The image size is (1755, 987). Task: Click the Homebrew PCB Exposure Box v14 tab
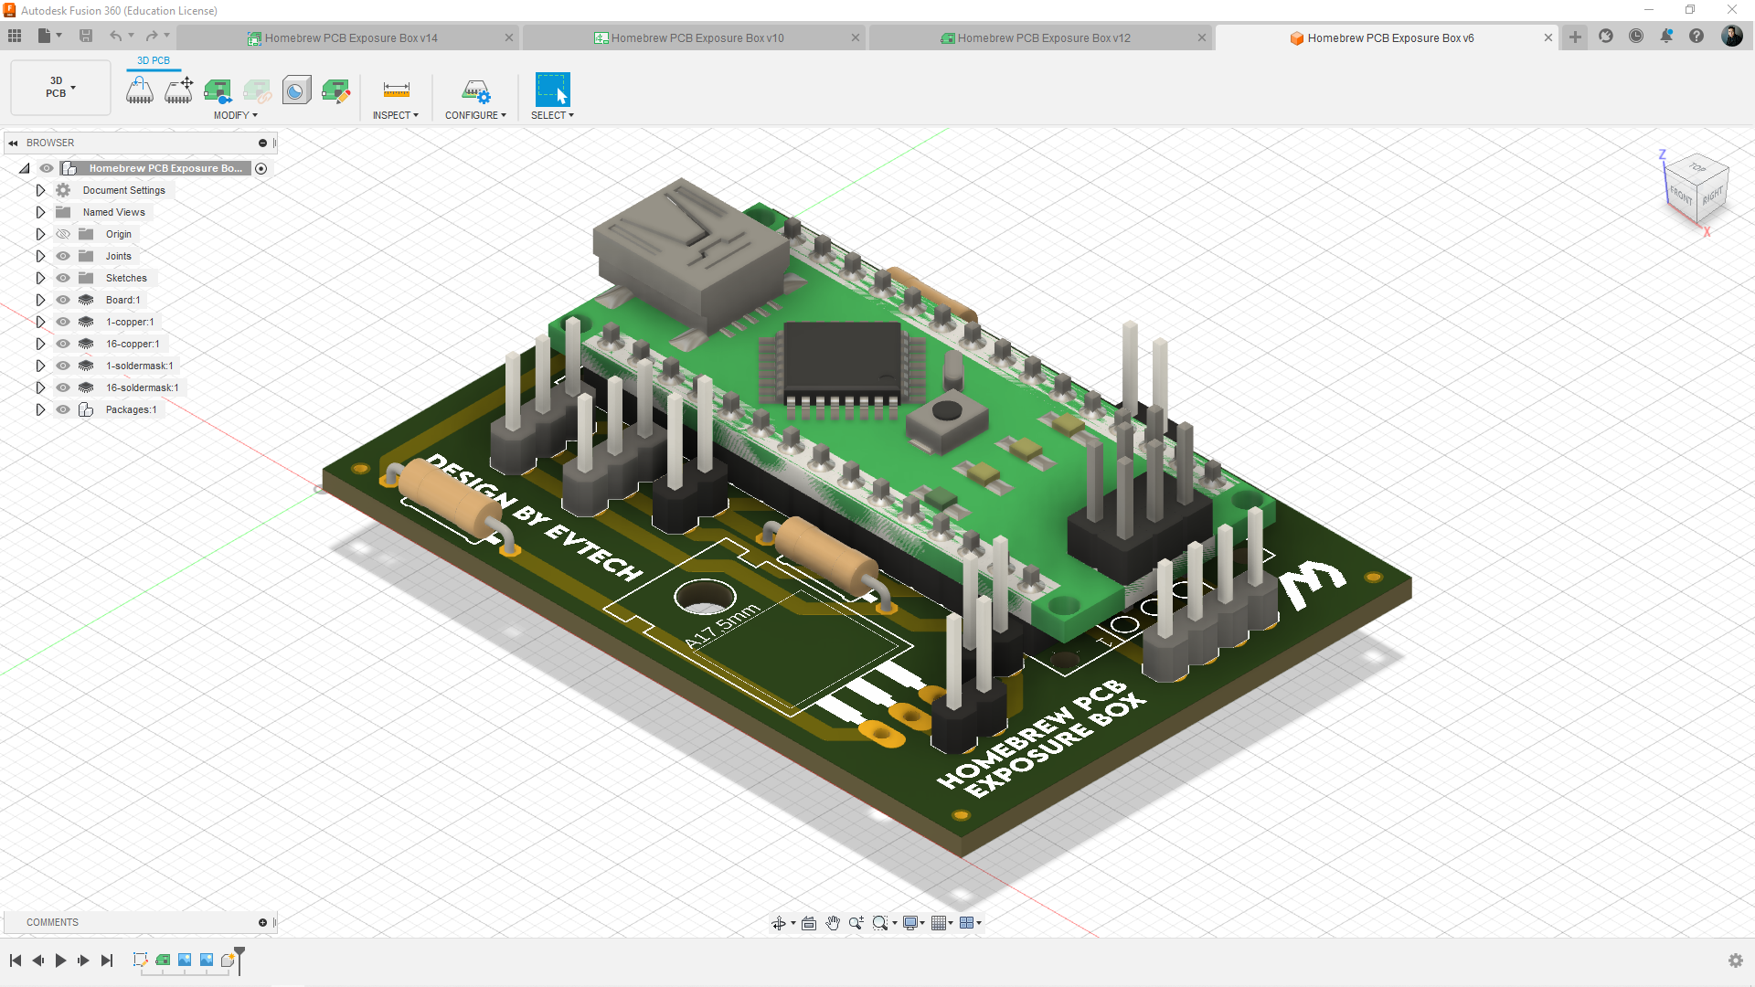(x=350, y=38)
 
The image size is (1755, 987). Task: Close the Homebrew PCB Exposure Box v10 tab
(x=856, y=38)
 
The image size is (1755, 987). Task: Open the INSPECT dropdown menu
(x=395, y=115)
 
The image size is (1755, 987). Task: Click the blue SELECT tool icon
(x=552, y=90)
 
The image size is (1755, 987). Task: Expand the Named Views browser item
(x=40, y=212)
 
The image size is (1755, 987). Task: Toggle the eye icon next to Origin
(x=63, y=234)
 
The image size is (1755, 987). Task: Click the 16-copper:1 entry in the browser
(x=132, y=344)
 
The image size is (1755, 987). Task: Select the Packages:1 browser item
(x=131, y=409)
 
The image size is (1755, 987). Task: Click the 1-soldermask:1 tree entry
(x=139, y=366)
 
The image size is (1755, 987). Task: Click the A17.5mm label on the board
(x=722, y=626)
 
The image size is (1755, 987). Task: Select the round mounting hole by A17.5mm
(x=705, y=597)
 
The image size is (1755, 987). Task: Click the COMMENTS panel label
(x=52, y=922)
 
